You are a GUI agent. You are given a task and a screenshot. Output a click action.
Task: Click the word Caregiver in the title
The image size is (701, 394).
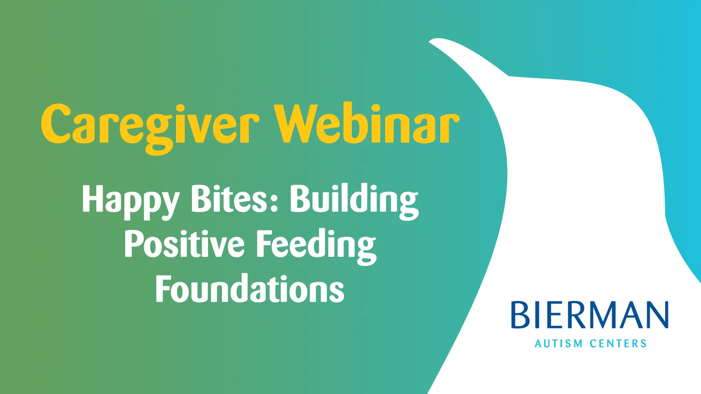(150, 128)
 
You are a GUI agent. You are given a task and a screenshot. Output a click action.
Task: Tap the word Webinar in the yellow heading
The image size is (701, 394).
(367, 123)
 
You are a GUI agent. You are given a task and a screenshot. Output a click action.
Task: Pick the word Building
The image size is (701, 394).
(355, 201)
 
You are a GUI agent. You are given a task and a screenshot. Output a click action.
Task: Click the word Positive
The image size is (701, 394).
(184, 244)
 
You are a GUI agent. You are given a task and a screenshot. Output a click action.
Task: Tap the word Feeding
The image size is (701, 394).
(316, 246)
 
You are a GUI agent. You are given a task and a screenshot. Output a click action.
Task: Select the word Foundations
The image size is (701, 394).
(250, 289)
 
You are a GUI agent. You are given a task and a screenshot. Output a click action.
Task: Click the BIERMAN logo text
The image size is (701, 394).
(590, 315)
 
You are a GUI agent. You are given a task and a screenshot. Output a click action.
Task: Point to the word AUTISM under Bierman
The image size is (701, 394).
(559, 344)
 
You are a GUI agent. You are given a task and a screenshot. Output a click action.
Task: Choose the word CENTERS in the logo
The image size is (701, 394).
(618, 344)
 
